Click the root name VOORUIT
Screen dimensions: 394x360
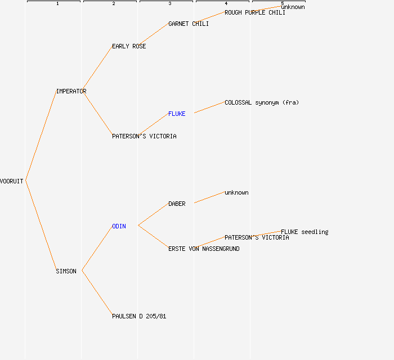pos(12,181)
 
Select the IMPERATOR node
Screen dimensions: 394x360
pos(71,91)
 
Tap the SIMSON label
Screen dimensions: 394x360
pos(66,271)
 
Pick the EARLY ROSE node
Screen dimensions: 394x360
pos(129,46)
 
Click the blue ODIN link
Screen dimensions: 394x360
pos(119,226)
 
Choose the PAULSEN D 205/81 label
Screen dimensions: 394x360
pos(139,316)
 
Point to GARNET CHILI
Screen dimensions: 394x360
pos(189,24)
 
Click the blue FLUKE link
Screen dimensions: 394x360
pos(177,114)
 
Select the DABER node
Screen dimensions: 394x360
pos(177,204)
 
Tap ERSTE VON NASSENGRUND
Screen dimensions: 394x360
pos(204,249)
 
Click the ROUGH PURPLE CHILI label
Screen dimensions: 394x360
pos(255,12)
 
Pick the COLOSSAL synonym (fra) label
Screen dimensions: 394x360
pos(262,102)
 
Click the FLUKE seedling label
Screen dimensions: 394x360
pos(305,232)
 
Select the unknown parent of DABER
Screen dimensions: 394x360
pos(236,192)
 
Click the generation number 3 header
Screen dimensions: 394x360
pos(170,3)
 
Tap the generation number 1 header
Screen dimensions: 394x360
pos(57,3)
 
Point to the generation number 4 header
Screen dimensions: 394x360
pos(226,3)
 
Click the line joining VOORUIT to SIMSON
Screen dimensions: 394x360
pos(41,226)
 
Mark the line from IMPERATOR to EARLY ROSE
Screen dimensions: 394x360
pos(97,68)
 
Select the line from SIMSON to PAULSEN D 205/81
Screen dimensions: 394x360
pos(97,293)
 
